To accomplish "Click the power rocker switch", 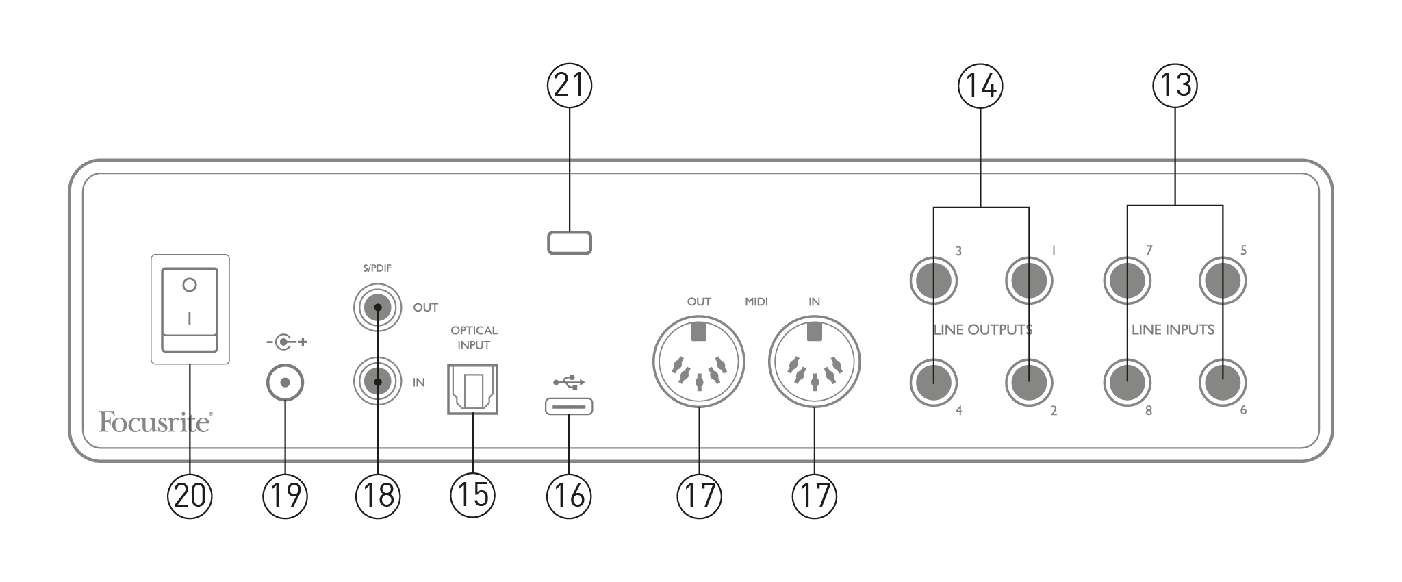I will (x=190, y=309).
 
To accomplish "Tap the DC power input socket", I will (x=285, y=382).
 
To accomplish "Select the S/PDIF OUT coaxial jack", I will (x=377, y=307).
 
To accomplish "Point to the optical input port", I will (x=472, y=389).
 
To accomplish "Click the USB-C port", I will (x=569, y=407).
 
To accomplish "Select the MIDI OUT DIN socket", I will (x=698, y=362).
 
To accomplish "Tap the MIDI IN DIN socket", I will (x=814, y=362).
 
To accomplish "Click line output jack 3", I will (x=934, y=280).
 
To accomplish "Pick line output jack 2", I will (x=1029, y=382).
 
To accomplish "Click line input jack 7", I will (x=1127, y=280).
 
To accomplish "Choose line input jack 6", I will (x=1223, y=382).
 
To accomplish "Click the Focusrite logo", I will (x=155, y=422).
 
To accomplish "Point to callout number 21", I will (x=569, y=86).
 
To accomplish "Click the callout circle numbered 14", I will (x=980, y=86).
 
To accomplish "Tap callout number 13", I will (x=1175, y=86).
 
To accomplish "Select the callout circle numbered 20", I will (x=190, y=494).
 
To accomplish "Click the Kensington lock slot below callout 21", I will (x=569, y=243).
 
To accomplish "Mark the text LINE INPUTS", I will (x=1173, y=329).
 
